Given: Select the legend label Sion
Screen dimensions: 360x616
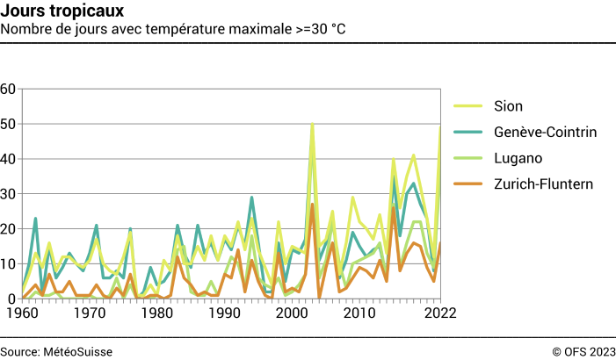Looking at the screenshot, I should (x=508, y=106).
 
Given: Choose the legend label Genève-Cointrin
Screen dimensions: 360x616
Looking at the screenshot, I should (x=545, y=133).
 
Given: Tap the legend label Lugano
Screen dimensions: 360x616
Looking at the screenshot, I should (x=518, y=158).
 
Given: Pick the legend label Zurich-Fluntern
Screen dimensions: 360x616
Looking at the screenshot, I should (x=544, y=184).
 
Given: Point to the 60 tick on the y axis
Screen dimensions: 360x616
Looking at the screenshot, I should (x=9, y=89).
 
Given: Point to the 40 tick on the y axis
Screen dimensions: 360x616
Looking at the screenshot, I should (x=9, y=159).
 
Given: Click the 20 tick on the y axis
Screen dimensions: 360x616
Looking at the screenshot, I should (x=9, y=229).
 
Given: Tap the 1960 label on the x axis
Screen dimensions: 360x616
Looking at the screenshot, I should (x=22, y=313).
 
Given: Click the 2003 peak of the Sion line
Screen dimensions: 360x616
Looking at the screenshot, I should (x=312, y=124).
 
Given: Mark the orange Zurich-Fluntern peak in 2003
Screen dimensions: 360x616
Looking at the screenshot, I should (x=312, y=205).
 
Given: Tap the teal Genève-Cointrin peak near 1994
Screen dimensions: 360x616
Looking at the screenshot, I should (x=251, y=198).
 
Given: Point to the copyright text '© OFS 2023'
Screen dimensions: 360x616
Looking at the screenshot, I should (x=583, y=351).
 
